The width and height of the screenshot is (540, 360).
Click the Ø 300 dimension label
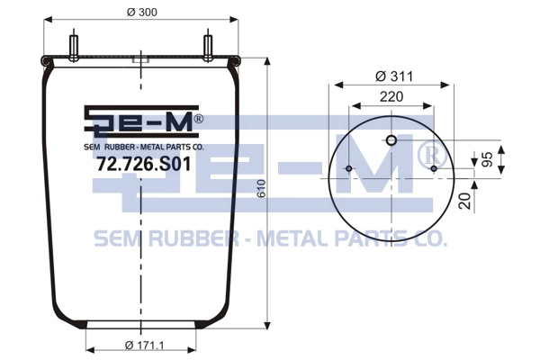pyautogui.click(x=142, y=12)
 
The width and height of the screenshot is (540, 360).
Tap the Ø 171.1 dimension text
pyautogui.click(x=144, y=345)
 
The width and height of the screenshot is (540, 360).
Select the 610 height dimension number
pyautogui.click(x=262, y=188)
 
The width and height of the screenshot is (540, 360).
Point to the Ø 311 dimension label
pyautogui.click(x=394, y=76)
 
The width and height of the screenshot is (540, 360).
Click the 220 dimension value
pyautogui.click(x=391, y=97)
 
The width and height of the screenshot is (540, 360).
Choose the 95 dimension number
pyautogui.click(x=487, y=159)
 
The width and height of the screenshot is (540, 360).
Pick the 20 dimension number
pyautogui.click(x=465, y=201)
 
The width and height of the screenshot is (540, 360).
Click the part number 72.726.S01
pyautogui.click(x=144, y=164)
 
